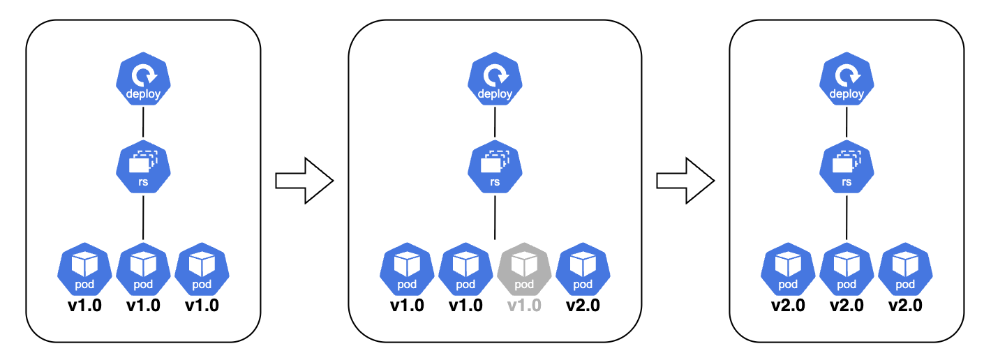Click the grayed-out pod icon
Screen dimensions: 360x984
(x=524, y=269)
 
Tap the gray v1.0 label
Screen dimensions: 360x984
(x=524, y=305)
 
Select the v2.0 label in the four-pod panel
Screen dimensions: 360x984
(x=583, y=305)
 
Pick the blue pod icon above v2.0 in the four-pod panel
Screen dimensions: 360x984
(x=583, y=269)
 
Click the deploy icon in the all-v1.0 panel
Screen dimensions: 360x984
(x=143, y=79)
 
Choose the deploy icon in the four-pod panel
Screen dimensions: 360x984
(x=495, y=79)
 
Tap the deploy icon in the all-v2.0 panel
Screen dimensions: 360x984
(x=847, y=79)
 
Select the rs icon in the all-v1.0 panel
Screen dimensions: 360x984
(x=143, y=167)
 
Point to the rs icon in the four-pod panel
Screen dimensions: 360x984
(x=495, y=167)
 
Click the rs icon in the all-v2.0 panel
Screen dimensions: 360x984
(x=847, y=167)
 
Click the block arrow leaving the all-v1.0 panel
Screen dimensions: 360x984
(x=304, y=181)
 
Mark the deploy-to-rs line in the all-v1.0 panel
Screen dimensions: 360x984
(x=143, y=123)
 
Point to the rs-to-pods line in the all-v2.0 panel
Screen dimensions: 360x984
(x=847, y=218)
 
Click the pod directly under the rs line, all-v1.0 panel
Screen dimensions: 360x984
(x=143, y=269)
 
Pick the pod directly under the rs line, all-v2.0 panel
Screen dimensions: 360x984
(x=847, y=269)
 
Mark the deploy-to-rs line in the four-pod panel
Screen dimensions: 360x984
(x=495, y=123)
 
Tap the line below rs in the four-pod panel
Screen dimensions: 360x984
(x=495, y=218)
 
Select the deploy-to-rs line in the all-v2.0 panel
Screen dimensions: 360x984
(x=847, y=123)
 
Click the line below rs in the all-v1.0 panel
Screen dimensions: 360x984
(x=143, y=218)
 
